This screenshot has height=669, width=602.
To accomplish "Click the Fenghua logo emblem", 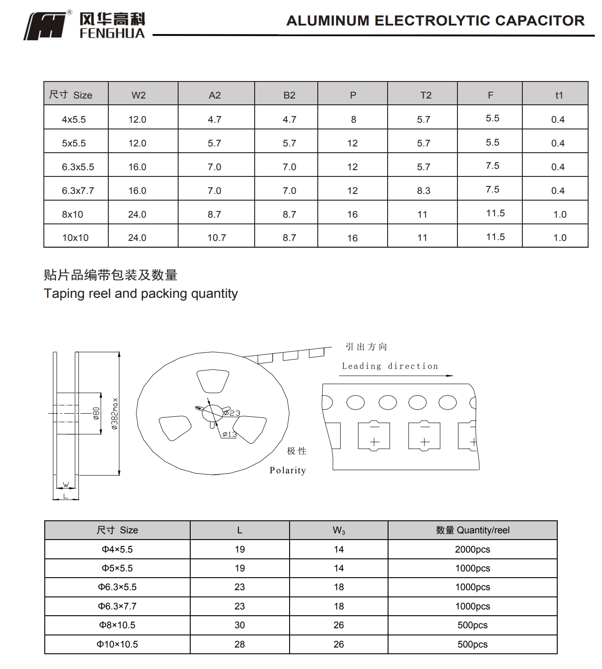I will [46, 26].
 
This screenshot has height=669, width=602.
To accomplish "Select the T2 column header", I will [426, 95].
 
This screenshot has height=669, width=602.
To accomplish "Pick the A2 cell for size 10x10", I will [217, 238].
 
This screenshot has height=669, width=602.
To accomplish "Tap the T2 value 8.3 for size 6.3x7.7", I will [423, 191].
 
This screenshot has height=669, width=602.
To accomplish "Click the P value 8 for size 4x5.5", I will [353, 120].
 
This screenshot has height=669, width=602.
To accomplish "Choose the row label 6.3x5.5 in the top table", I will [78, 167].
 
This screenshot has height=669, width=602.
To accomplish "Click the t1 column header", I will [559, 95].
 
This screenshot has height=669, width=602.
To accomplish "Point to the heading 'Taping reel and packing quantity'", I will [141, 293].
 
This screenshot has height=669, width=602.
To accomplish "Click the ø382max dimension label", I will [115, 414].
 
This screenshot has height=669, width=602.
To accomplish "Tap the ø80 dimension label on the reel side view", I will [96, 413].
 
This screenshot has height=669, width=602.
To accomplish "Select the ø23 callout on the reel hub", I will [232, 413].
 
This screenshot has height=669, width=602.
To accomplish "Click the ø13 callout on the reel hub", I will [230, 434].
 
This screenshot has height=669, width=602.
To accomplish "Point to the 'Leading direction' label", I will [390, 366].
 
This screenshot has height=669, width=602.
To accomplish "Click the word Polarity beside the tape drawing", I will [288, 470].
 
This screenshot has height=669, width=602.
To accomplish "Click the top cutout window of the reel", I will [213, 381].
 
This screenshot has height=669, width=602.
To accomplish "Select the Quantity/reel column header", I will [473, 530].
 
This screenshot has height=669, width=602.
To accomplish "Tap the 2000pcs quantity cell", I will [472, 549].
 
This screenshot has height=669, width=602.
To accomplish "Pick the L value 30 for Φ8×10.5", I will [239, 625].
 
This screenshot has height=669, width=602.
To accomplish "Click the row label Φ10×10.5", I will [117, 644].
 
